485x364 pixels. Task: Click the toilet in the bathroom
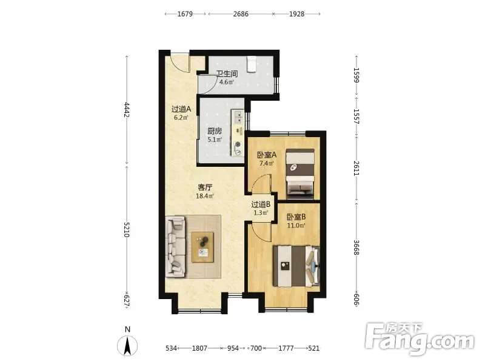[x=252, y=64]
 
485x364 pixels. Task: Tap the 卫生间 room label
[x=227, y=73]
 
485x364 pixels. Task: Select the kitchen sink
[x=238, y=117]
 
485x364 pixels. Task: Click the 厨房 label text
[x=215, y=131]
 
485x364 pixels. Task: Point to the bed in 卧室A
[x=300, y=174]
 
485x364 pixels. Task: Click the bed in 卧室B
[x=296, y=266]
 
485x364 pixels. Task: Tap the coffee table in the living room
[x=202, y=247]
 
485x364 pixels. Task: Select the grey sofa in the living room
[x=176, y=247]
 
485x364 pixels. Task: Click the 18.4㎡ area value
[x=205, y=196]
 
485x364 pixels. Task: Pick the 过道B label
[x=261, y=204]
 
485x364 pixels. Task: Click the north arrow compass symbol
[x=127, y=346]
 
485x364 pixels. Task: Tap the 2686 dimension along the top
[x=241, y=14]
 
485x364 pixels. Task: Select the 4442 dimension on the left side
[x=126, y=110]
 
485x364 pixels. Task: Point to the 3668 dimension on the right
[x=356, y=248]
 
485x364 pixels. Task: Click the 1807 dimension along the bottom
[x=199, y=348]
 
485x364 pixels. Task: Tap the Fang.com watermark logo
[x=420, y=339]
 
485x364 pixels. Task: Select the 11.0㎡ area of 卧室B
[x=296, y=225]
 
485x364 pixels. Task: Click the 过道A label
[x=181, y=109]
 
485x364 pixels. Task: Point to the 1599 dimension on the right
[x=356, y=75]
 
